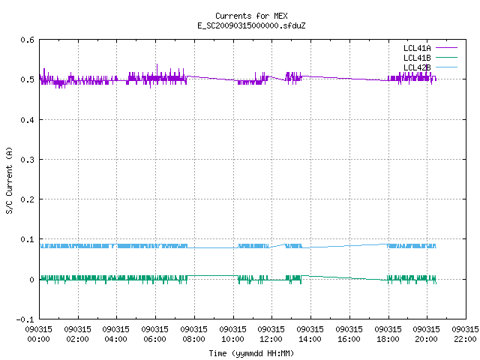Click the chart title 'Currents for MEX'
point(251,16)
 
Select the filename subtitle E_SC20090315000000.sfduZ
point(251,25)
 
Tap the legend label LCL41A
point(417,48)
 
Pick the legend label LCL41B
point(417,58)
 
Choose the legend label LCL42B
point(417,67)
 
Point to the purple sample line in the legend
point(446,48)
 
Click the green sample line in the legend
point(446,57)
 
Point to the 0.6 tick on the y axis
point(27,40)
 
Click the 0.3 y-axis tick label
point(27,160)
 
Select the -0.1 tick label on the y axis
point(25,319)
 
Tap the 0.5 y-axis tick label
point(27,79)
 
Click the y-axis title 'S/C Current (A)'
point(10,181)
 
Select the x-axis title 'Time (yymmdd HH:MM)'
point(251,353)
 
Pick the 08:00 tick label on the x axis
point(193,334)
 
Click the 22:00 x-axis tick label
point(465,334)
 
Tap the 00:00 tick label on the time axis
point(38,334)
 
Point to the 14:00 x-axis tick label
point(310,334)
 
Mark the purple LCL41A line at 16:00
point(349,79)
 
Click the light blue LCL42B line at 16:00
point(349,245)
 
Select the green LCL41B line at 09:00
point(214,276)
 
